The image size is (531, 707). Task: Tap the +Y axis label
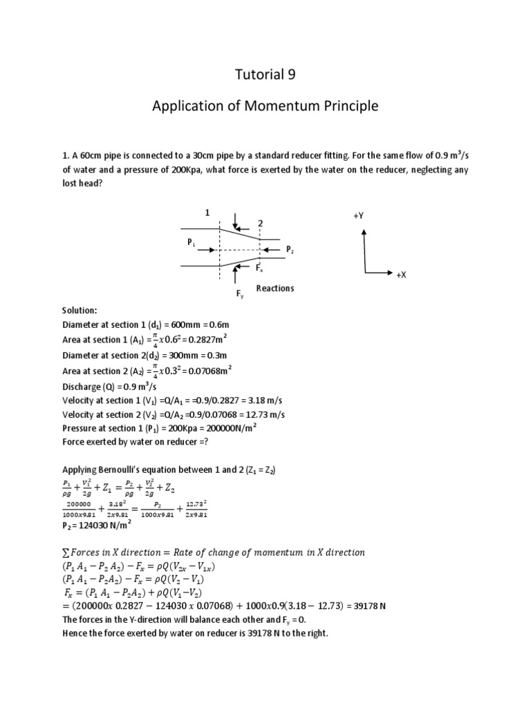pyautogui.click(x=358, y=216)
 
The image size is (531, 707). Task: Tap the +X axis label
pyautogui.click(x=401, y=275)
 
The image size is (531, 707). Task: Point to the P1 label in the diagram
pyautogui.click(x=191, y=243)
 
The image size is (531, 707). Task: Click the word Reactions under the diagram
pyautogui.click(x=274, y=289)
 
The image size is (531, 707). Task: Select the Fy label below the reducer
pyautogui.click(x=240, y=294)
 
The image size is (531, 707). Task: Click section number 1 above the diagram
pyautogui.click(x=206, y=213)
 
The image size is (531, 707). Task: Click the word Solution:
pyautogui.click(x=82, y=311)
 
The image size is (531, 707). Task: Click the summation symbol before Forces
pyautogui.click(x=66, y=552)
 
